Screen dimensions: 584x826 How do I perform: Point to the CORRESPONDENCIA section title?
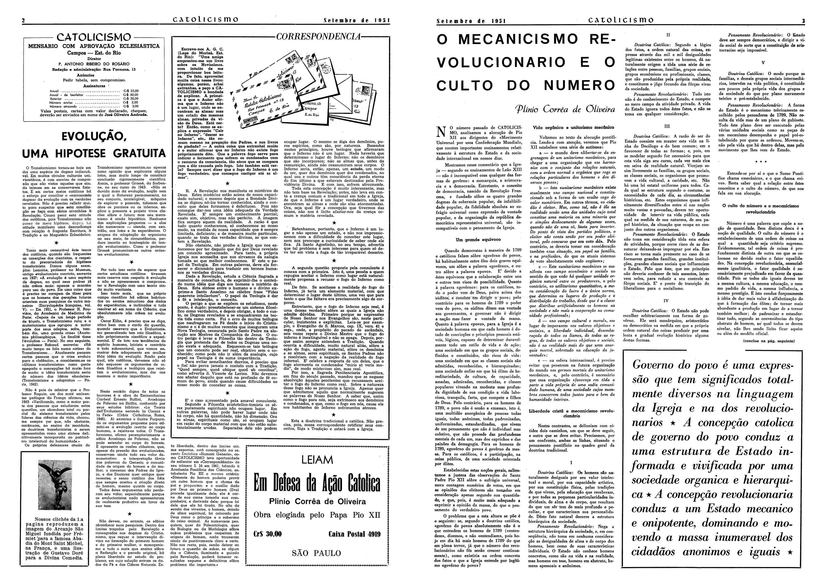click(318, 37)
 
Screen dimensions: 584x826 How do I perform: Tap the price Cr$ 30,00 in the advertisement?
click(268, 534)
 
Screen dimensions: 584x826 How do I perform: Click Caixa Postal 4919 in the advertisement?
click(354, 534)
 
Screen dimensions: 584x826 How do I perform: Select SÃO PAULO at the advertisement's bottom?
click(316, 553)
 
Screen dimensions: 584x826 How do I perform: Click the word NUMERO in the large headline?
click(579, 85)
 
